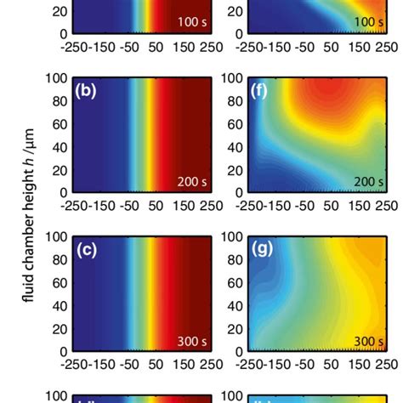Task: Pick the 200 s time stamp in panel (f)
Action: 366,182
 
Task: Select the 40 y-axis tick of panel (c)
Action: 60,305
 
